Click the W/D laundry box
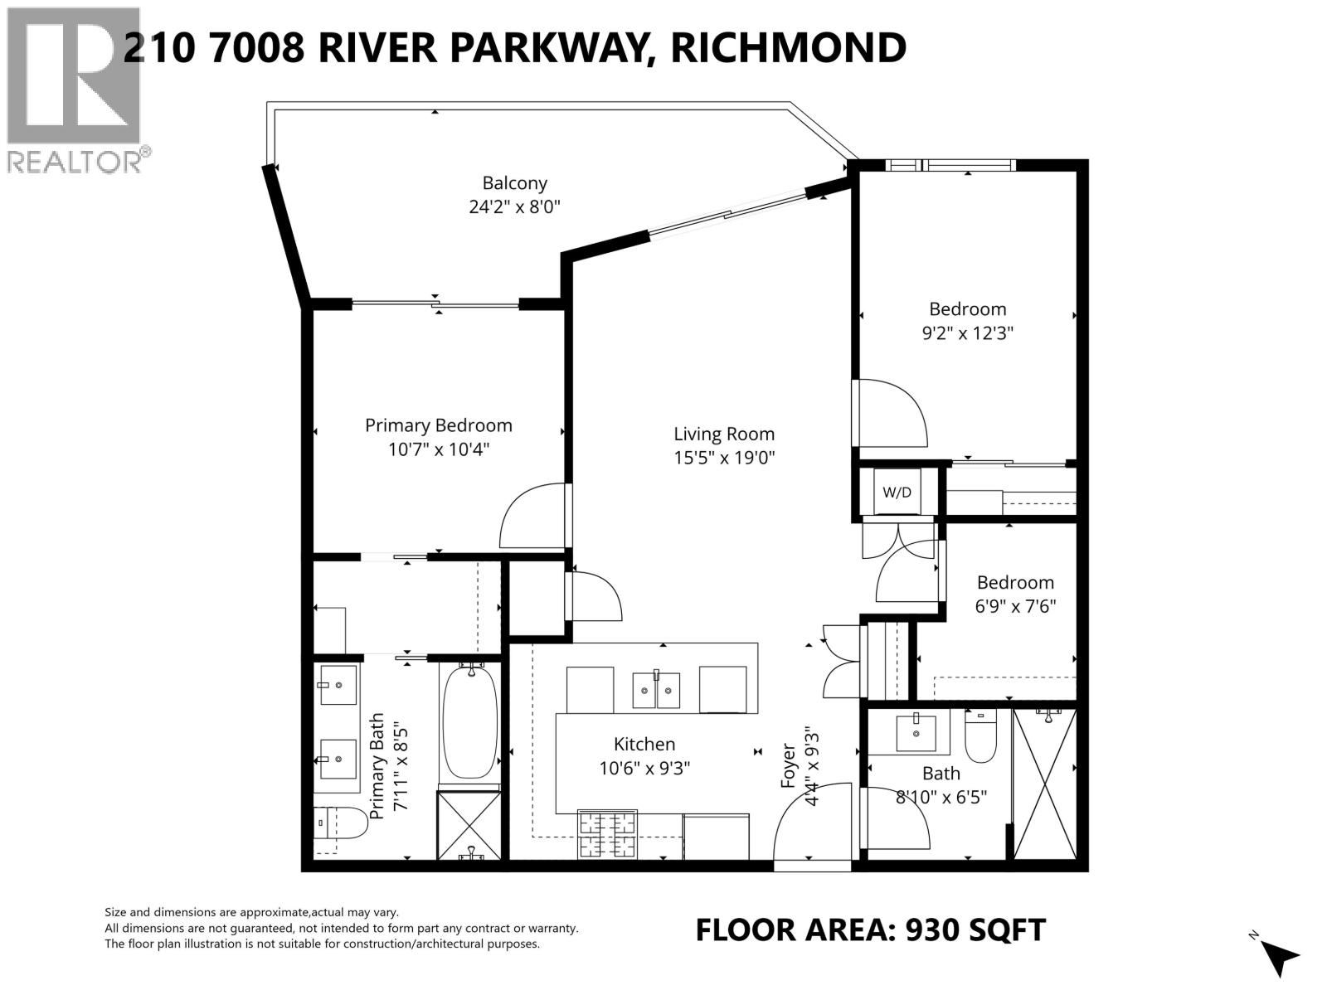897,492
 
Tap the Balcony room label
515,183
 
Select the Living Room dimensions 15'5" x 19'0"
724,458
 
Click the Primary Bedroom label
438,425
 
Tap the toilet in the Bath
981,737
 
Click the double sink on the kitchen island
656,691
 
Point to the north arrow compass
1280,956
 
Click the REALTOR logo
74,90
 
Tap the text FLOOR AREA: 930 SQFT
870,929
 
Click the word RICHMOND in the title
788,47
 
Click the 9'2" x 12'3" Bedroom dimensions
968,333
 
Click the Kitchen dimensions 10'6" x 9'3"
644,769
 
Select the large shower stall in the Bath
1045,784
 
